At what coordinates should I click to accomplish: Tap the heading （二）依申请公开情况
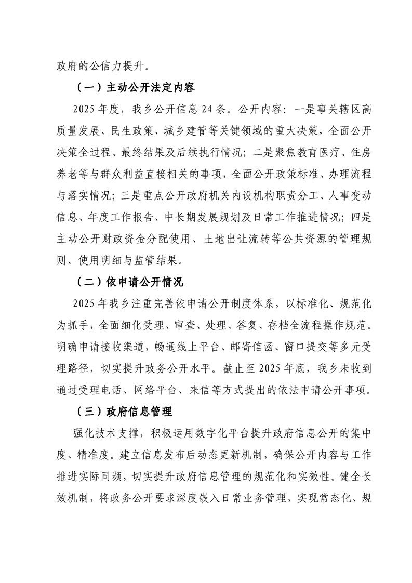point(126,283)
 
